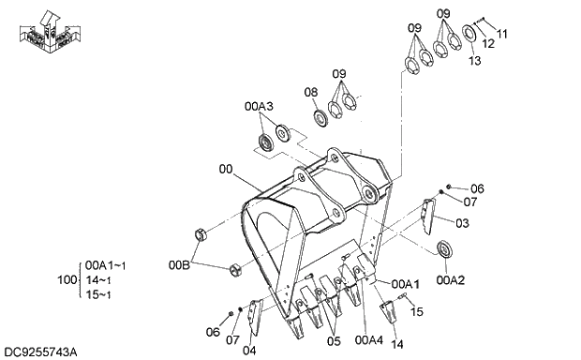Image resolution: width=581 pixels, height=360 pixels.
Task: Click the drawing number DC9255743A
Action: [40, 352]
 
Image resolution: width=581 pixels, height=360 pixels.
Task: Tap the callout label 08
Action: [311, 91]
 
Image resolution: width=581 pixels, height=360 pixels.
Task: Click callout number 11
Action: [501, 34]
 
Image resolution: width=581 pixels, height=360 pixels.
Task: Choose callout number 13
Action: [474, 60]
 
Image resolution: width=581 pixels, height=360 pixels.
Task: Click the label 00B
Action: [179, 265]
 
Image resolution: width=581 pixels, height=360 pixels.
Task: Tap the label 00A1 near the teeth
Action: [405, 283]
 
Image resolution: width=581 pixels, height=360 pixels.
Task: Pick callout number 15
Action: [417, 311]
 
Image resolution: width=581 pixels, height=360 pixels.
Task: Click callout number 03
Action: [462, 224]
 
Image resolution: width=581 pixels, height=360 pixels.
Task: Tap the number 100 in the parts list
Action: [66, 280]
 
